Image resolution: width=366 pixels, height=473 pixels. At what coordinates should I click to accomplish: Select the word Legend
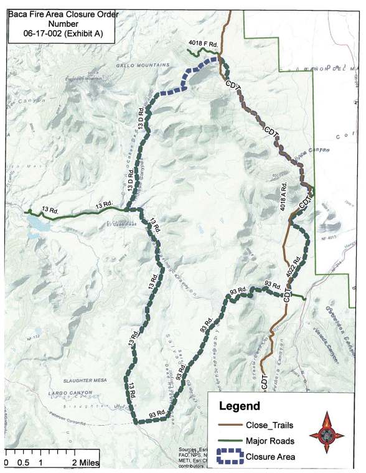240,406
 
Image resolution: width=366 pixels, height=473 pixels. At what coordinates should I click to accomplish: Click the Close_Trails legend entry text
270,426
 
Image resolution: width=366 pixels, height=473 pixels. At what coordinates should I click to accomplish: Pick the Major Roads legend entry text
270,441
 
